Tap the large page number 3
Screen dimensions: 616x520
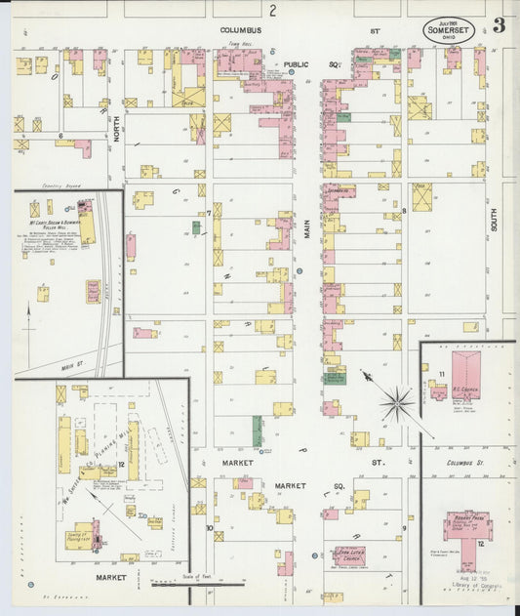coord(499,25)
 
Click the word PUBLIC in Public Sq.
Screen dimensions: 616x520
coord(297,64)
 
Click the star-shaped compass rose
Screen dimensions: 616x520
coord(396,400)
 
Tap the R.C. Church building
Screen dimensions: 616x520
coord(465,376)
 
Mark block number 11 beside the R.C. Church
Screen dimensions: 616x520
coord(441,375)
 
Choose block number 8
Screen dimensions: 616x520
coord(403,210)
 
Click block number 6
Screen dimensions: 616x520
coord(60,136)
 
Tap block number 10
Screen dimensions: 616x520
coord(208,528)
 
